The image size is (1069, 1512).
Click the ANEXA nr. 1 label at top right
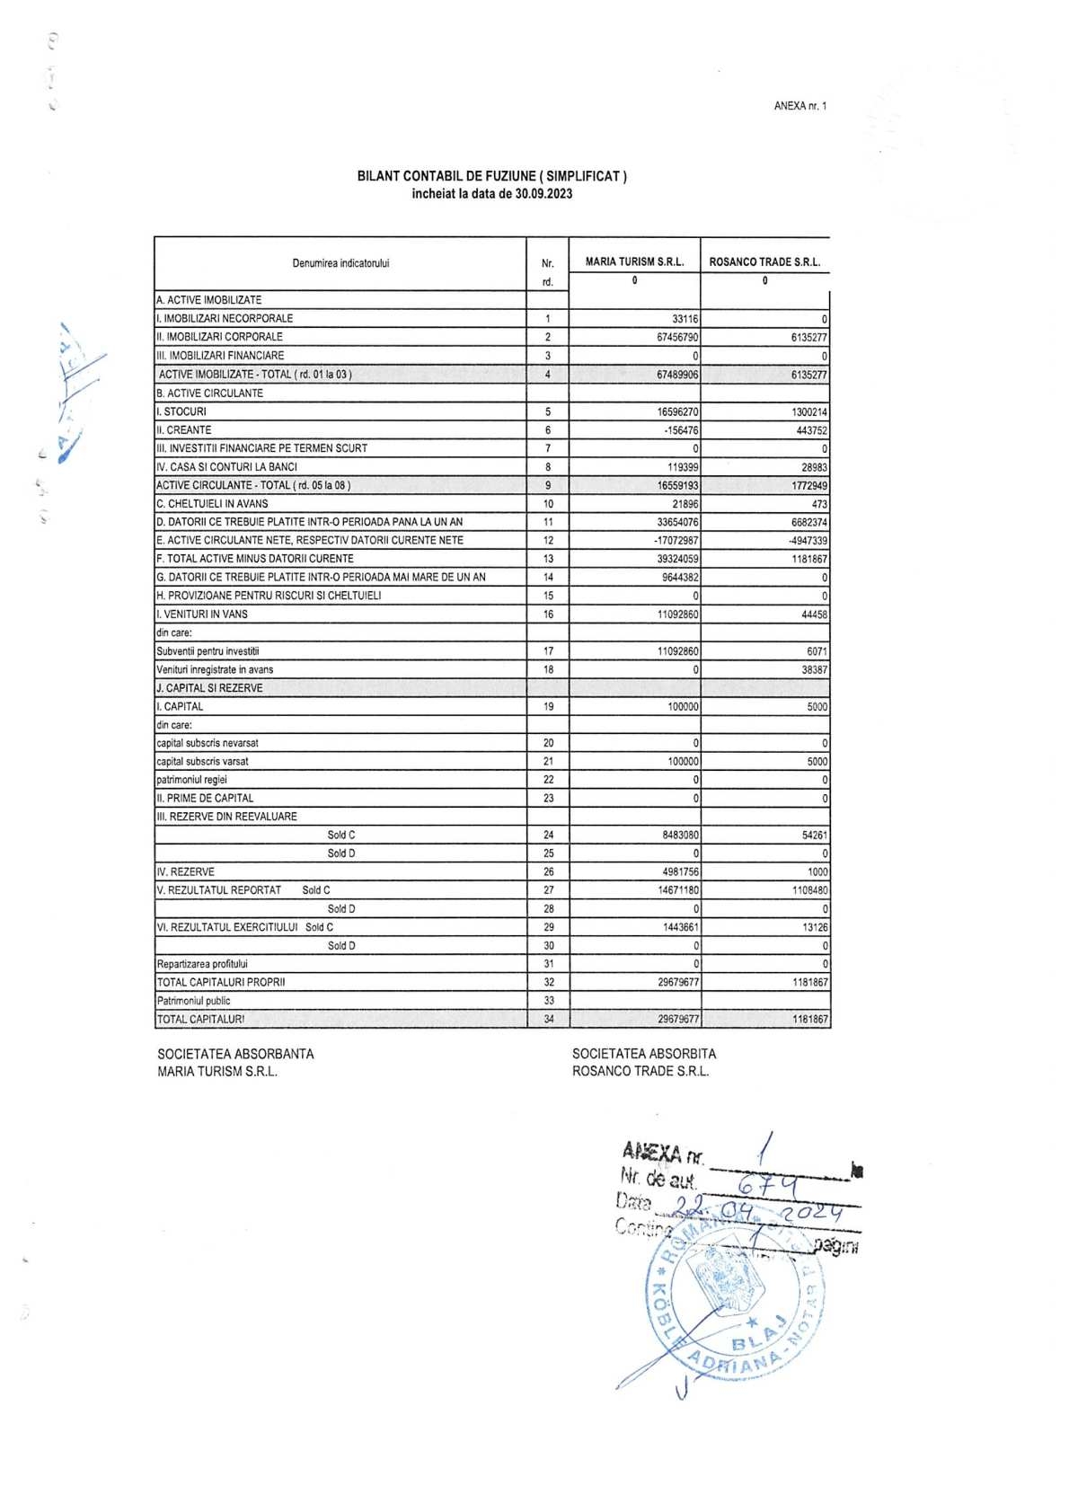[x=800, y=106]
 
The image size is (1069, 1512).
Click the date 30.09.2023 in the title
[x=543, y=194]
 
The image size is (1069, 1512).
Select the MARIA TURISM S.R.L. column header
[x=634, y=262]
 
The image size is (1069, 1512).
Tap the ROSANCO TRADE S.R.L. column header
[x=764, y=262]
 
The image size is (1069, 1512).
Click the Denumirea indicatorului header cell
[x=340, y=263]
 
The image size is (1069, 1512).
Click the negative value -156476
[x=681, y=430]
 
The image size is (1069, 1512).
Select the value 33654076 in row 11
[x=677, y=522]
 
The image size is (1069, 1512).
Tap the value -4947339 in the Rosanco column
[x=808, y=541]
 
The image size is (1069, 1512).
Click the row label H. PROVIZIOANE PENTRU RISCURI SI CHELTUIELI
[x=269, y=596]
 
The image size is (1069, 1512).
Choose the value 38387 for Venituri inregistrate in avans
[x=814, y=670]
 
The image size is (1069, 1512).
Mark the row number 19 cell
[x=548, y=707]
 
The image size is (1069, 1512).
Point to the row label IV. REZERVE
[x=186, y=872]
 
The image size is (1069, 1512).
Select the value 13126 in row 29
[x=815, y=927]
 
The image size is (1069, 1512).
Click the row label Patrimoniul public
[x=193, y=1001]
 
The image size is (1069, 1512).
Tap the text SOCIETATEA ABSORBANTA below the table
[x=235, y=1054]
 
